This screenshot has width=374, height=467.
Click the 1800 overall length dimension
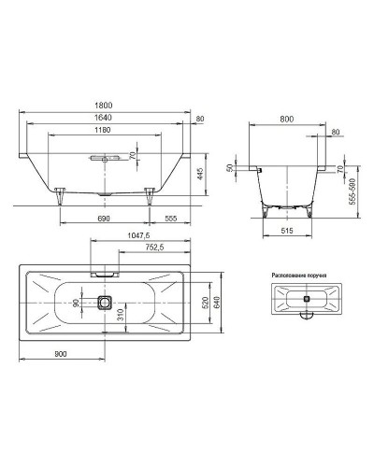104,106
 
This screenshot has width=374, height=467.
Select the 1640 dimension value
104,118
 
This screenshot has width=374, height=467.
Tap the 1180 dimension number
103,130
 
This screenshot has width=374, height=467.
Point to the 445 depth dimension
200,174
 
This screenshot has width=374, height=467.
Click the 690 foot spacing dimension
104,219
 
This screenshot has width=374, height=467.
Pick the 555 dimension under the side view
170,219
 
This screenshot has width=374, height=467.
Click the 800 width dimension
287,120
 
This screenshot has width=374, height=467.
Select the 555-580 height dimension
352,191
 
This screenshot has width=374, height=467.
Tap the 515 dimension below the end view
287,231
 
